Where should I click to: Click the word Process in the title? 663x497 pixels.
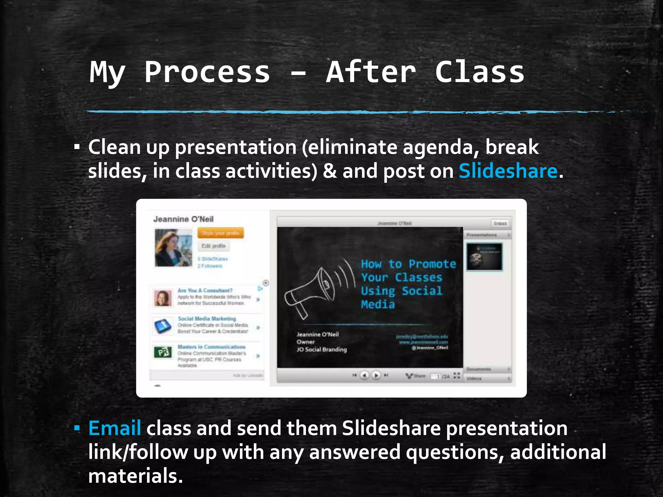tap(207, 72)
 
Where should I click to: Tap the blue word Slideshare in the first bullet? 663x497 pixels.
tap(508, 171)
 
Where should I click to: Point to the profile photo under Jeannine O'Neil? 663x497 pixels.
tap(173, 248)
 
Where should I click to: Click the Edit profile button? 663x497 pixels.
tap(213, 246)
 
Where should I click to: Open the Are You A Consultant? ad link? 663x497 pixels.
tap(205, 290)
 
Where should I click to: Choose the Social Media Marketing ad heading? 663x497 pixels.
tap(207, 319)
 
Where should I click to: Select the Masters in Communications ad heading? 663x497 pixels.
tap(211, 347)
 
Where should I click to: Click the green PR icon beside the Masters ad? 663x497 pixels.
tap(163, 352)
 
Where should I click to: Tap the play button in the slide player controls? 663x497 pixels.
tap(376, 375)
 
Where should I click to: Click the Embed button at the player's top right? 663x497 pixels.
tap(500, 223)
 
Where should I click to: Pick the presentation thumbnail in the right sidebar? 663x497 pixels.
tap(484, 257)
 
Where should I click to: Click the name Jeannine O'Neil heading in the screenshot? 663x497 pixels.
tap(183, 219)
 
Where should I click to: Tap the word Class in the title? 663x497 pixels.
tap(479, 72)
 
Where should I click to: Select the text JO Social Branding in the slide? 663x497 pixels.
tap(321, 349)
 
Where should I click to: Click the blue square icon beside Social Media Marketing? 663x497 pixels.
tap(163, 326)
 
